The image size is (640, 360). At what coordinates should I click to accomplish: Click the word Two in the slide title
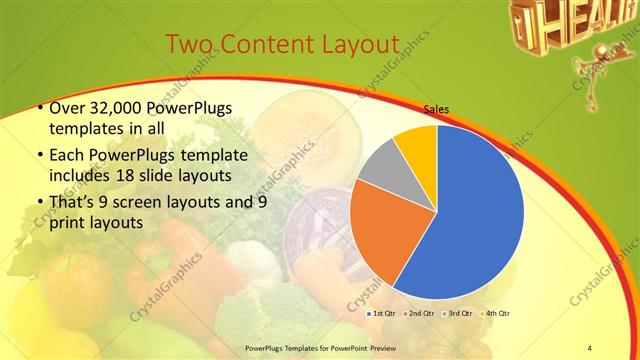pos(188,44)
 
